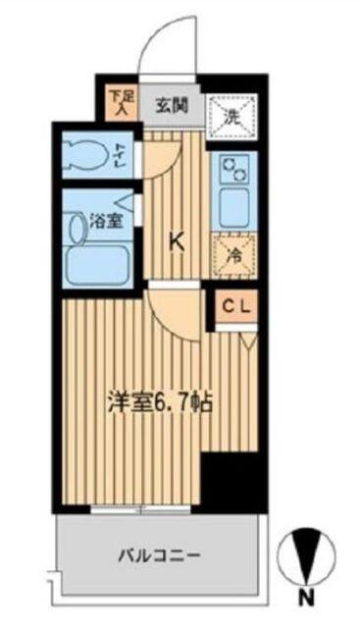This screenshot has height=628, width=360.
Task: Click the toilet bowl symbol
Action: pyautogui.click(x=82, y=155)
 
